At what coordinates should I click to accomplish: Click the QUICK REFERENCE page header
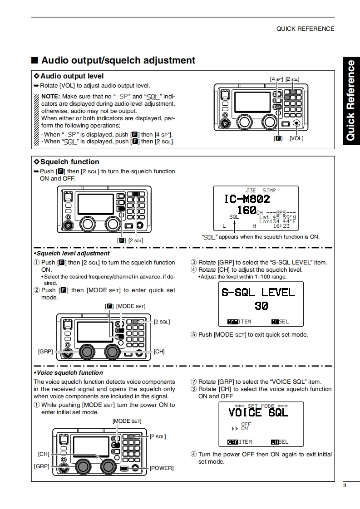305,29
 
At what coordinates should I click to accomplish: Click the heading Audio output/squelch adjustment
118,60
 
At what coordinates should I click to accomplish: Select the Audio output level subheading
72,76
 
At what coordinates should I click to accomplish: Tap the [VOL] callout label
296,138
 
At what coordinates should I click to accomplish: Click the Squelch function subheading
69,162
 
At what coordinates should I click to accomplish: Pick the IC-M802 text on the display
247,199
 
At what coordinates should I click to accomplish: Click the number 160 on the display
247,210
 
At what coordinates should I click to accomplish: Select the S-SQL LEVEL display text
258,292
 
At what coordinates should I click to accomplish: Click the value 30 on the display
261,306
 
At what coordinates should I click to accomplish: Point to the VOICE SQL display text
258,412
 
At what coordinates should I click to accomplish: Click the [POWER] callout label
162,468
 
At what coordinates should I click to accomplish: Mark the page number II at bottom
345,485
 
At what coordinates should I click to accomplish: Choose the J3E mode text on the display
250,191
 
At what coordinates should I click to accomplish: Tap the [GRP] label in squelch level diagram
45,352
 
